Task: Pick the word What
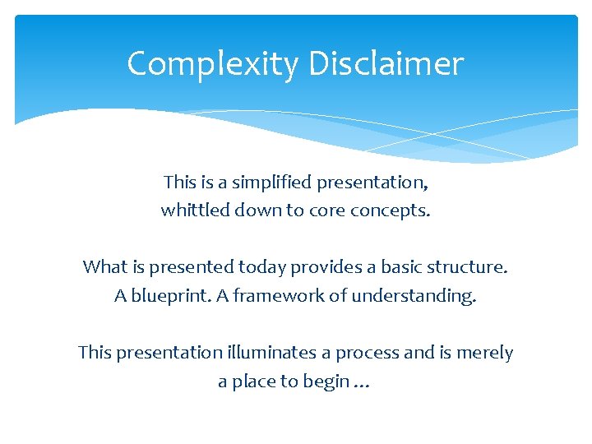(104, 266)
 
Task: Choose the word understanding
(414, 296)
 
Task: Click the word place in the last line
(256, 382)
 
